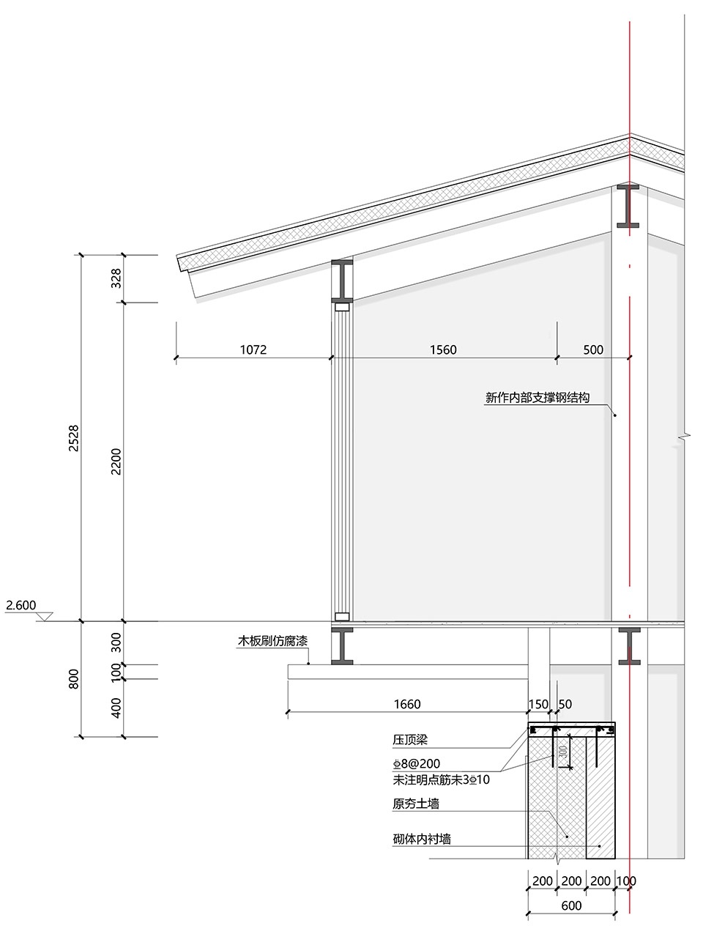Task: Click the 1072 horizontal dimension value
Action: pyautogui.click(x=253, y=349)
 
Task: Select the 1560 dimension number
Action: pyautogui.click(x=443, y=349)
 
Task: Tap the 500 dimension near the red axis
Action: pyautogui.click(x=593, y=349)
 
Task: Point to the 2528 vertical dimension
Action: pyautogui.click(x=74, y=438)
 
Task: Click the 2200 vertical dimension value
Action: pyautogui.click(x=116, y=462)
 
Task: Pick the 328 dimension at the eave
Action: pyautogui.click(x=116, y=278)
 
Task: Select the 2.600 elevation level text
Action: pyautogui.click(x=21, y=604)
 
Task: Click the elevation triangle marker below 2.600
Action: pyautogui.click(x=44, y=617)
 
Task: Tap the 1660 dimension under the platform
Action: pyautogui.click(x=407, y=704)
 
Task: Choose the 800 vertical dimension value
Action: pyautogui.click(x=74, y=678)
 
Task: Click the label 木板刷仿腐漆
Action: pyautogui.click(x=272, y=641)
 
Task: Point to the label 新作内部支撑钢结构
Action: pyautogui.click(x=538, y=398)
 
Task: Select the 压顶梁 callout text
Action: pyautogui.click(x=410, y=740)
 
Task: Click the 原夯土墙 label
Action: pyautogui.click(x=416, y=804)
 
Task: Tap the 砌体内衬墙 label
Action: pyautogui.click(x=422, y=839)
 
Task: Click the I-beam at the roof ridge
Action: pyautogui.click(x=628, y=206)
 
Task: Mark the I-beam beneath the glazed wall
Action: pyautogui.click(x=342, y=646)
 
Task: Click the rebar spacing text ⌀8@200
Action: pyautogui.click(x=417, y=763)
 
